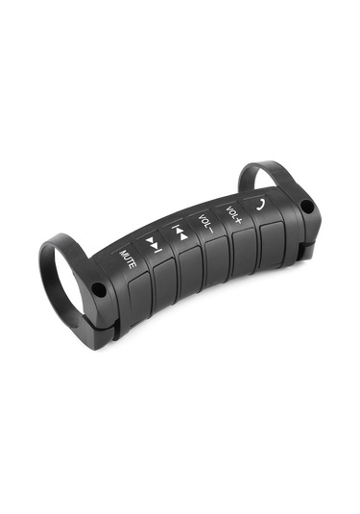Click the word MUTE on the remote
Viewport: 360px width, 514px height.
[128, 259]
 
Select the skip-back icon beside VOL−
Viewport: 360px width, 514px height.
[180, 232]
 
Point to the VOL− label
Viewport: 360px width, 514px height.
[205, 223]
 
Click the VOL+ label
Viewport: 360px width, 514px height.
[234, 215]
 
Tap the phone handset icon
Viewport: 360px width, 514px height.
[260, 205]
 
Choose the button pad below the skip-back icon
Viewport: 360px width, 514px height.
[191, 269]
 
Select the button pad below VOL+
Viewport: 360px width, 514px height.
[244, 248]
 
